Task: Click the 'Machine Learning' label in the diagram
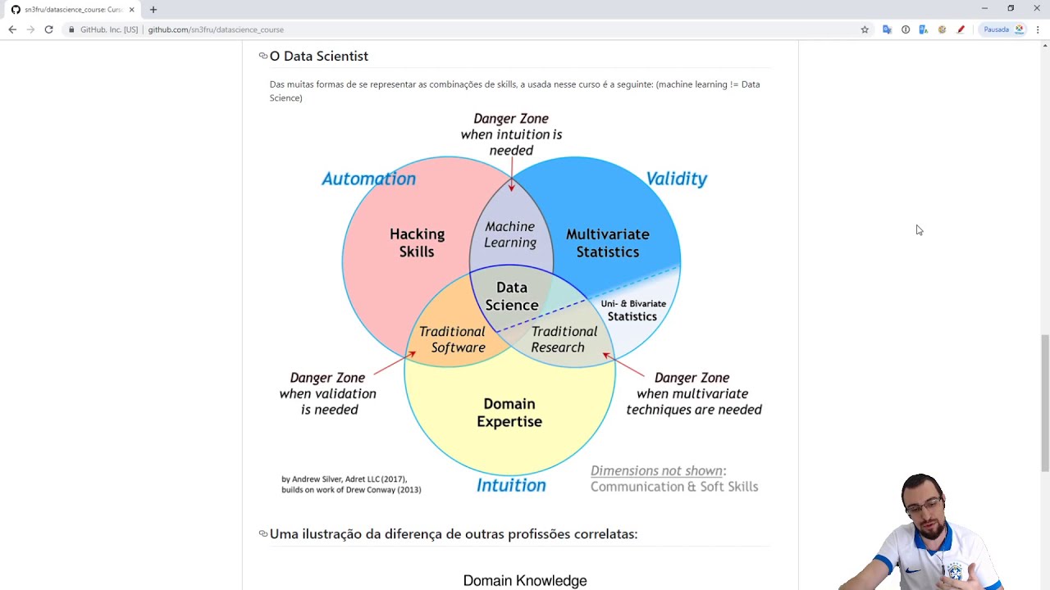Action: pyautogui.click(x=509, y=234)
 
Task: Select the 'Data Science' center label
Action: pyautogui.click(x=511, y=296)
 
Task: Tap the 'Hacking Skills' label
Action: pyautogui.click(x=417, y=243)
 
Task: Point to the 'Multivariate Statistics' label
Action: pyautogui.click(x=607, y=243)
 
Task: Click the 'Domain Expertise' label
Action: pyautogui.click(x=509, y=412)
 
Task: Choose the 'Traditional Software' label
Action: pyautogui.click(x=453, y=339)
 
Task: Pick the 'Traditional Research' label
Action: pyautogui.click(x=563, y=339)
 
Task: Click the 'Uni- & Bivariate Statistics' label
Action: pyautogui.click(x=632, y=310)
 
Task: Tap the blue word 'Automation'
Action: pyautogui.click(x=368, y=179)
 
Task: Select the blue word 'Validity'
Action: pyautogui.click(x=676, y=179)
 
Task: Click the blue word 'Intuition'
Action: pyautogui.click(x=511, y=485)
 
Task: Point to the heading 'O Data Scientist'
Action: pyautogui.click(x=318, y=56)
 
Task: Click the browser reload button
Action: pyautogui.click(x=49, y=29)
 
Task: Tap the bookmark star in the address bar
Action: pyautogui.click(x=865, y=29)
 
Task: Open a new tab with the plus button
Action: pyautogui.click(x=153, y=10)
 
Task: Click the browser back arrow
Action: pyautogui.click(x=12, y=29)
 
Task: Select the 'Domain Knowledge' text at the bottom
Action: pyautogui.click(x=525, y=580)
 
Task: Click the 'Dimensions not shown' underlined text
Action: pyautogui.click(x=656, y=470)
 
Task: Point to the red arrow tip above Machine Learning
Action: pyautogui.click(x=511, y=188)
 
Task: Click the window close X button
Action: pyautogui.click(x=1037, y=8)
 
